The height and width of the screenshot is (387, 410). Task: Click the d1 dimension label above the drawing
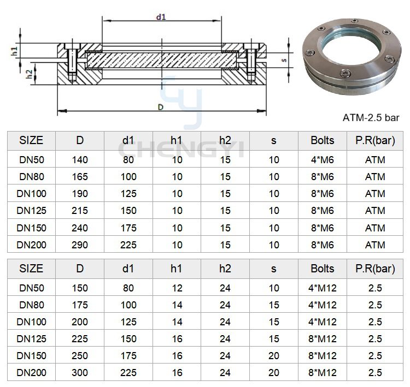tap(161, 17)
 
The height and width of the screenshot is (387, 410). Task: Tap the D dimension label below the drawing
tap(161, 107)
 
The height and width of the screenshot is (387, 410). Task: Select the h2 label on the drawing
tap(30, 74)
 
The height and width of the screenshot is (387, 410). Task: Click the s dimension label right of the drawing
tap(284, 61)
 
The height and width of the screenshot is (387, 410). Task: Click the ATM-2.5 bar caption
tap(371, 118)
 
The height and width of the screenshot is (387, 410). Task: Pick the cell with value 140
tap(80, 159)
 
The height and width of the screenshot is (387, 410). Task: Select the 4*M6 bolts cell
tap(323, 159)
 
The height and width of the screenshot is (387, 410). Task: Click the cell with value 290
tap(80, 245)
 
